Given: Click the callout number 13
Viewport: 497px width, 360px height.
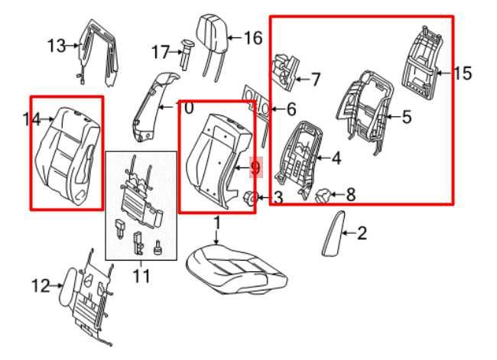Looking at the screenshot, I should (x=57, y=47).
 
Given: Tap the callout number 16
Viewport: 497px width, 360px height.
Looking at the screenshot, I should (x=252, y=37).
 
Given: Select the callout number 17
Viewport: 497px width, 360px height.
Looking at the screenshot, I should (x=160, y=52).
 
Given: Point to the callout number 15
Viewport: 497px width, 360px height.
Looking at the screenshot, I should (x=463, y=73).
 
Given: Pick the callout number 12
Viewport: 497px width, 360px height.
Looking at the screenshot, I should (x=40, y=287).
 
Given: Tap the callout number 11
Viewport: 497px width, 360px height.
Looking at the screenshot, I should (x=141, y=274).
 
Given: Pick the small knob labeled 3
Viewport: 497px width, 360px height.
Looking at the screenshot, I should (x=250, y=199).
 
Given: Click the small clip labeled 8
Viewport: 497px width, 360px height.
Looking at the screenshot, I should (x=324, y=196).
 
